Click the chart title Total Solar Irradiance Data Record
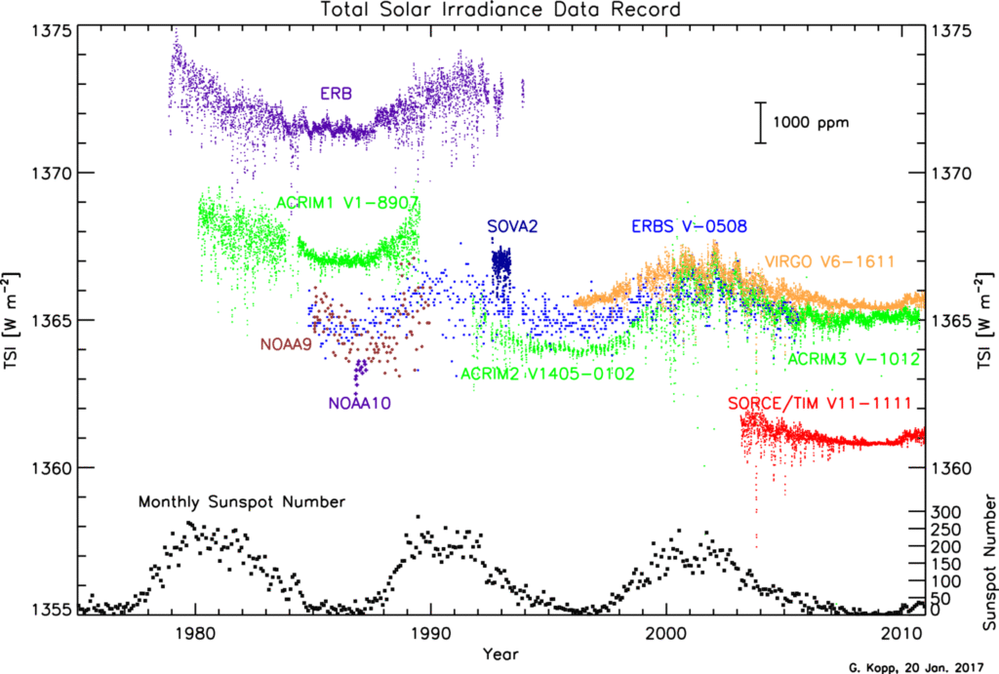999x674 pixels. point(500,10)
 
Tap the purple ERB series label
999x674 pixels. point(336,95)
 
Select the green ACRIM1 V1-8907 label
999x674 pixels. point(347,203)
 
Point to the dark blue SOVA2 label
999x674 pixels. point(513,227)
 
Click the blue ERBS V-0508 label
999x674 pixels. point(689,227)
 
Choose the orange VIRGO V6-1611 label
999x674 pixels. point(830,261)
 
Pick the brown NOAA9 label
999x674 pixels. point(286,343)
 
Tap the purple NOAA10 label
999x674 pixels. point(365,401)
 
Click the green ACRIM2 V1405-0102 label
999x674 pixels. point(547,374)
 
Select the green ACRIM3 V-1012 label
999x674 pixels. point(854,359)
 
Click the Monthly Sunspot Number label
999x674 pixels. point(242,502)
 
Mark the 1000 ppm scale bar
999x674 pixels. point(761,123)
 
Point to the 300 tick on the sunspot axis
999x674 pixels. point(948,512)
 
